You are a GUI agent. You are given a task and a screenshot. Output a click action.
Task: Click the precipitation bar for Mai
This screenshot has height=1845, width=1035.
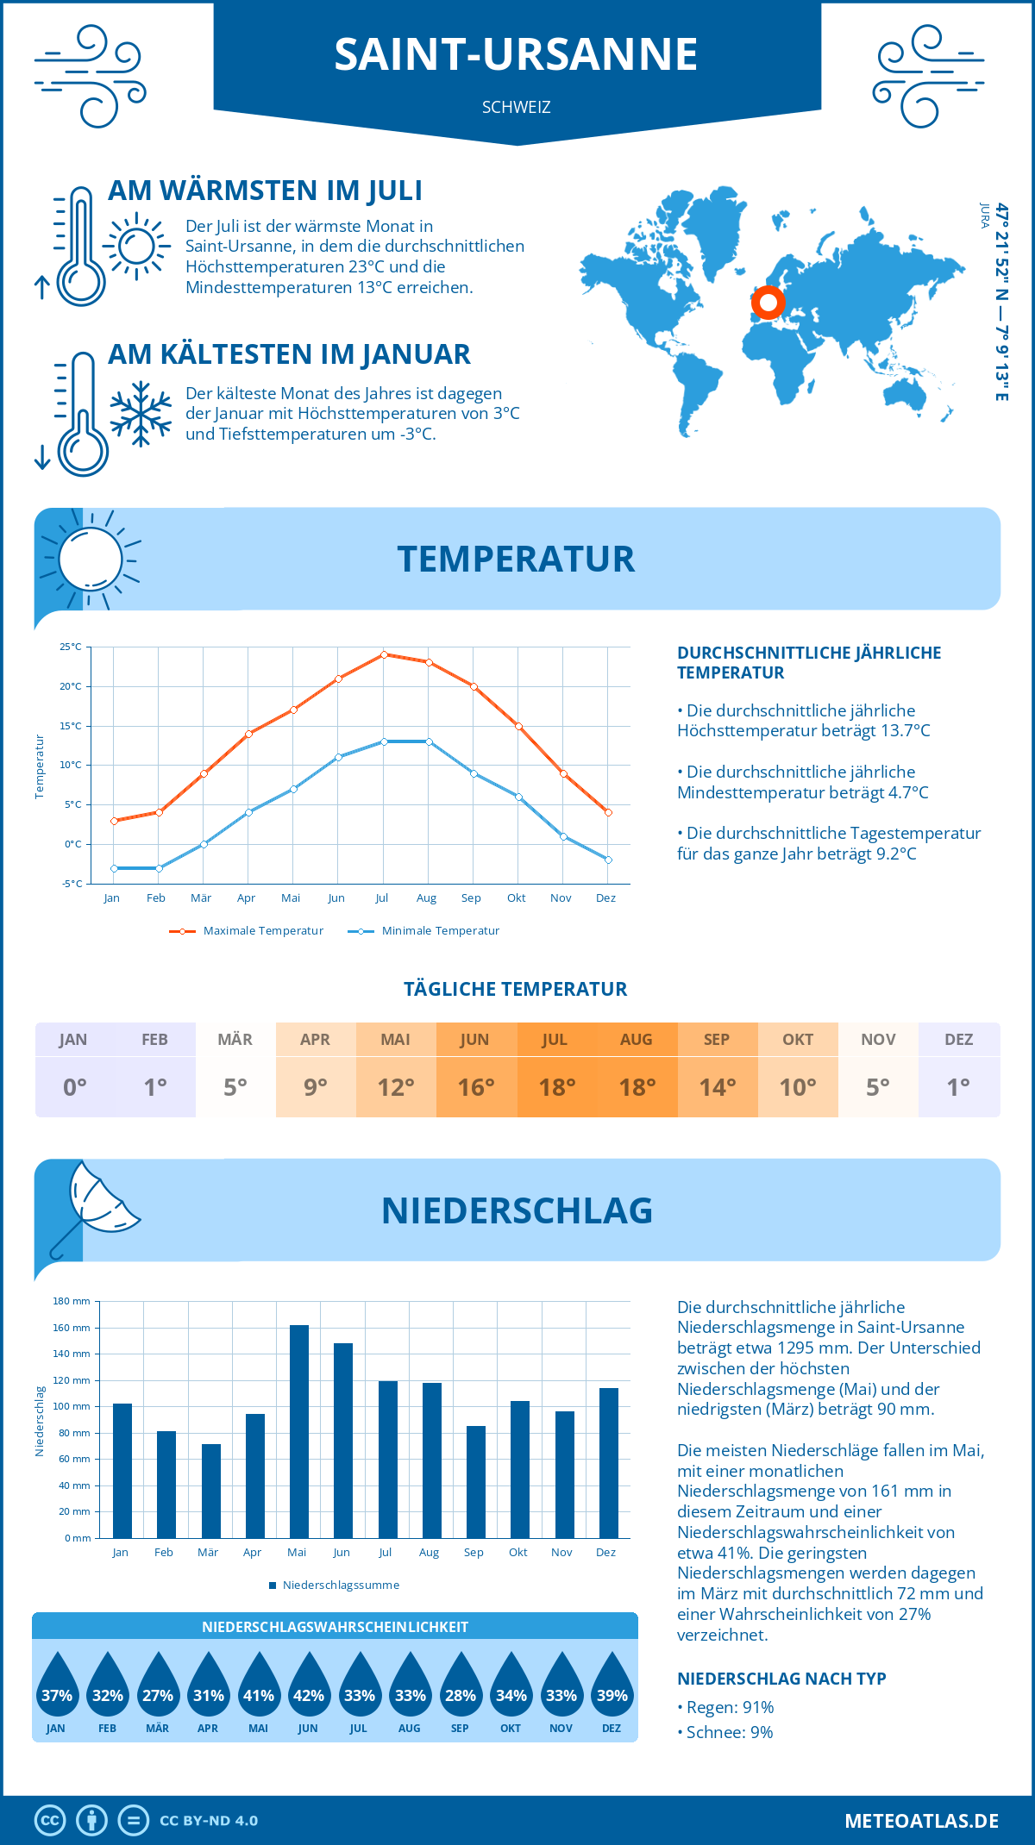tap(298, 1431)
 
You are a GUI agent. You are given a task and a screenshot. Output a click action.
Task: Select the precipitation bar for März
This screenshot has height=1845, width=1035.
tap(210, 1491)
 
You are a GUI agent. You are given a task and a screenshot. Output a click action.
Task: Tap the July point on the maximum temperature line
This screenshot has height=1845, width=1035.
tap(384, 654)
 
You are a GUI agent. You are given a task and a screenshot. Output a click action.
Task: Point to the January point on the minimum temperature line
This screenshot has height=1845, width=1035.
tap(114, 868)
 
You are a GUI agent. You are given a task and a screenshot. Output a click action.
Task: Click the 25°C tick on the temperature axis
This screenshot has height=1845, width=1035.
tap(71, 647)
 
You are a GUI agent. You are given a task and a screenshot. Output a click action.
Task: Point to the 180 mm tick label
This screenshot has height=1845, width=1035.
tap(72, 1301)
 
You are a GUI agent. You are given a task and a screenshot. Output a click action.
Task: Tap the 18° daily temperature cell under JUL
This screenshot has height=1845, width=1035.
tap(556, 1087)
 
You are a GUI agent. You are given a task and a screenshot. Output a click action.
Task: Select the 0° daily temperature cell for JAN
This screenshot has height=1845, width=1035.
tap(74, 1087)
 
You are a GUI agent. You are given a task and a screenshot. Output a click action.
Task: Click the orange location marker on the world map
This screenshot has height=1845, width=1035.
tap(767, 303)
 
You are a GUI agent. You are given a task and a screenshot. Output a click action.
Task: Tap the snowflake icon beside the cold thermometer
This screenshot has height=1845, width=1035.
tap(141, 413)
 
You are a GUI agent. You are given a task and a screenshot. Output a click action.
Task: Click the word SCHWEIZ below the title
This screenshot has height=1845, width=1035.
tap(517, 108)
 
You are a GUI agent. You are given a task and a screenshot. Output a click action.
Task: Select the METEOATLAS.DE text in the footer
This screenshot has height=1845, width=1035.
tap(921, 1821)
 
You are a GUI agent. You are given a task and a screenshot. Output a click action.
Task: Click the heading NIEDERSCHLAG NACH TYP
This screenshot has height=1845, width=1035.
tap(781, 1679)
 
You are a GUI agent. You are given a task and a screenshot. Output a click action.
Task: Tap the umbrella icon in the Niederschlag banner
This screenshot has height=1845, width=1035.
tap(95, 1204)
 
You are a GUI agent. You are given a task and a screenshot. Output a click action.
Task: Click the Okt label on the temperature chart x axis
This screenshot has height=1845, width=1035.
tap(517, 898)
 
